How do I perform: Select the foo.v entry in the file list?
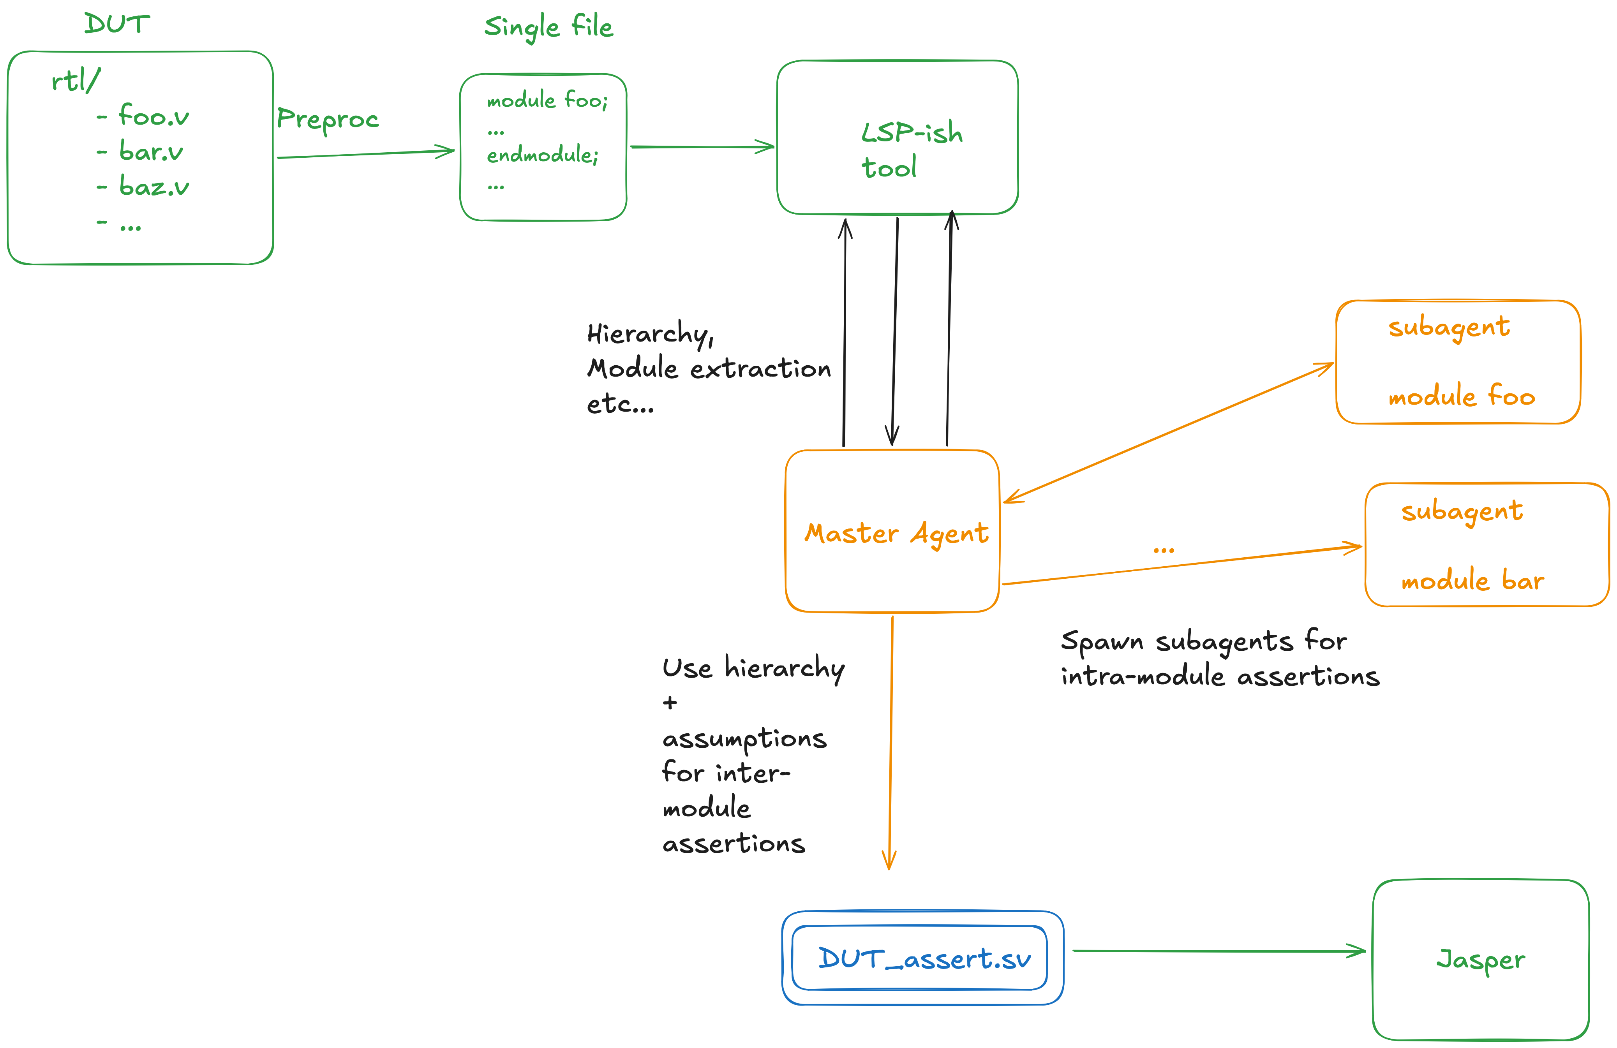pos(153,115)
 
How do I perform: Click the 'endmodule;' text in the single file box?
pos(542,155)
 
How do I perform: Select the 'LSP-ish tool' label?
pos(912,150)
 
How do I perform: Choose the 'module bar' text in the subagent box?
pos(1472,579)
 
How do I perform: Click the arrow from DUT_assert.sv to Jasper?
pos(1219,951)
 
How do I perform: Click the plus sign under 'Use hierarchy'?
pos(670,702)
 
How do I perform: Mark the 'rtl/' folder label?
pos(76,80)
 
